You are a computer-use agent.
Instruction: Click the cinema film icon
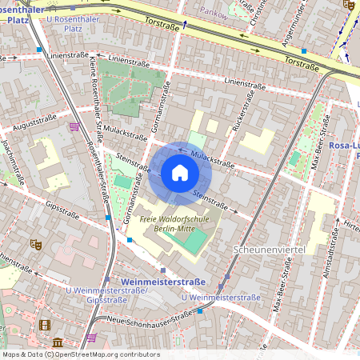[x=45, y=325]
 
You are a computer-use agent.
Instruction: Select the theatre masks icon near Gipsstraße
[x=34, y=242]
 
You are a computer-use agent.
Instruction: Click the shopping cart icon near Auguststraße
[x=74, y=126]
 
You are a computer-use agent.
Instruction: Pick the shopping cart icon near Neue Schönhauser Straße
[x=92, y=338]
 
